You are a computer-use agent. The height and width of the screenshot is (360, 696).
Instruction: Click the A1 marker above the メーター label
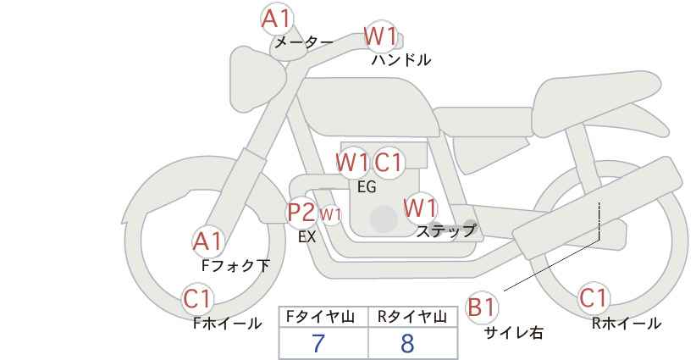tap(277, 19)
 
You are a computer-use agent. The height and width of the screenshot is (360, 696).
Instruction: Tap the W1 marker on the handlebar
tap(380, 36)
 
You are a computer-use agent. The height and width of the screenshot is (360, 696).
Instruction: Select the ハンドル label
tap(401, 60)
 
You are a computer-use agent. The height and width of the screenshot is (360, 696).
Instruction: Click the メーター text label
tap(304, 42)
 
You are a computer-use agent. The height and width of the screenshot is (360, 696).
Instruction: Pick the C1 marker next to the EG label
tap(389, 163)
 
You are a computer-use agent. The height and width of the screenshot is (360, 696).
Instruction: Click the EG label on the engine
tap(367, 187)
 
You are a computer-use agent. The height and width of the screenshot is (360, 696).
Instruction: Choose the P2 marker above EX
tap(301, 212)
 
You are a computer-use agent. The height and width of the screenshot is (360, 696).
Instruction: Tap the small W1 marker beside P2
tap(331, 215)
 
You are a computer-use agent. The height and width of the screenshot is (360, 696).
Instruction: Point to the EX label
tap(307, 237)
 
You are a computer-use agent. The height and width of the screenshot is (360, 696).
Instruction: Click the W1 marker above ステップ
tap(421, 208)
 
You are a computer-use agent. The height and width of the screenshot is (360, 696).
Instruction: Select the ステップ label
tap(445, 231)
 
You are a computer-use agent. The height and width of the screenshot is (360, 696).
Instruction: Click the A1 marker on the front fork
tap(207, 242)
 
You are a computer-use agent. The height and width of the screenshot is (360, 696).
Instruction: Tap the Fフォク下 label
tap(235, 266)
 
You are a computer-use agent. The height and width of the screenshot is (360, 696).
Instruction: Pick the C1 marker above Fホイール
tap(198, 299)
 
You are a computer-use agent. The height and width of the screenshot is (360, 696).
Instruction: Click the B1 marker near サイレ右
tap(482, 307)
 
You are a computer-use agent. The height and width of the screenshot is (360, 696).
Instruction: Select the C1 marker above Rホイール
tap(594, 298)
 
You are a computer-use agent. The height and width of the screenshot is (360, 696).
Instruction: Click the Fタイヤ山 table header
tap(320, 317)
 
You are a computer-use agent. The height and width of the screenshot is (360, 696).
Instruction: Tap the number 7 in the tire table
tap(318, 343)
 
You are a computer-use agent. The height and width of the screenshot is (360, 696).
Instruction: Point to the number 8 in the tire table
tap(407, 343)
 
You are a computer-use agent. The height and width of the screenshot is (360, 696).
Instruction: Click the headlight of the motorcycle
tap(256, 80)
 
